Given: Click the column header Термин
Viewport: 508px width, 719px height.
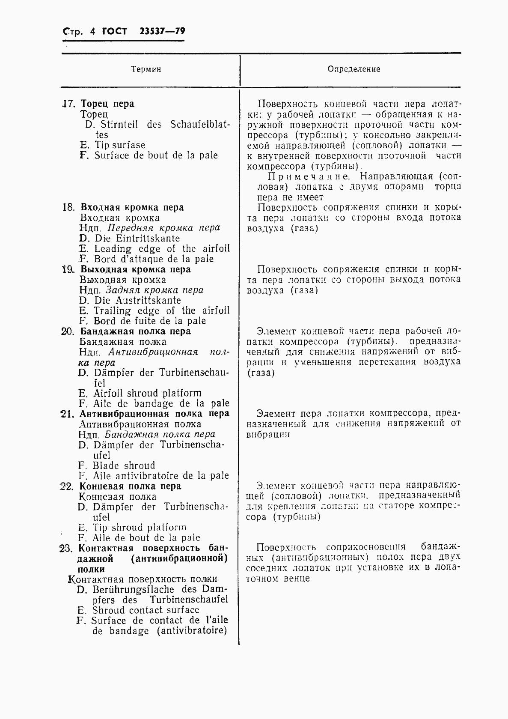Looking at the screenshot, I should (x=146, y=69).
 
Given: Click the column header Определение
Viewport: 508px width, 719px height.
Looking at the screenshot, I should (x=354, y=69).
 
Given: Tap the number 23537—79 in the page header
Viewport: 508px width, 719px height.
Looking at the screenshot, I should (x=162, y=32).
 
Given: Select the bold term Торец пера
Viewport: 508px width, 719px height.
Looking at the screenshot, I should (x=107, y=104).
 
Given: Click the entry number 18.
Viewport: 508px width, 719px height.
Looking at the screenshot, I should (x=68, y=207).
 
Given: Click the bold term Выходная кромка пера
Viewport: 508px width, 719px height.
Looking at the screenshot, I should (x=136, y=269).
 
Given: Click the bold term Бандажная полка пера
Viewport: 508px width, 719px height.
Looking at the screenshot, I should (x=135, y=331).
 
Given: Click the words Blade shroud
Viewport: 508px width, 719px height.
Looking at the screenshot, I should (x=124, y=465).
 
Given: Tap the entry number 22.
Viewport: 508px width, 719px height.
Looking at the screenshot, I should (x=67, y=486).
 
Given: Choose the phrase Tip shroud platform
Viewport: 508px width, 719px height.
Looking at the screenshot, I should (x=140, y=528).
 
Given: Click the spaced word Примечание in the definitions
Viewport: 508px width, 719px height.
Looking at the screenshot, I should (x=310, y=176).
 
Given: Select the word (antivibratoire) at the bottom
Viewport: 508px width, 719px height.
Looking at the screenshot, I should (x=191, y=631).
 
